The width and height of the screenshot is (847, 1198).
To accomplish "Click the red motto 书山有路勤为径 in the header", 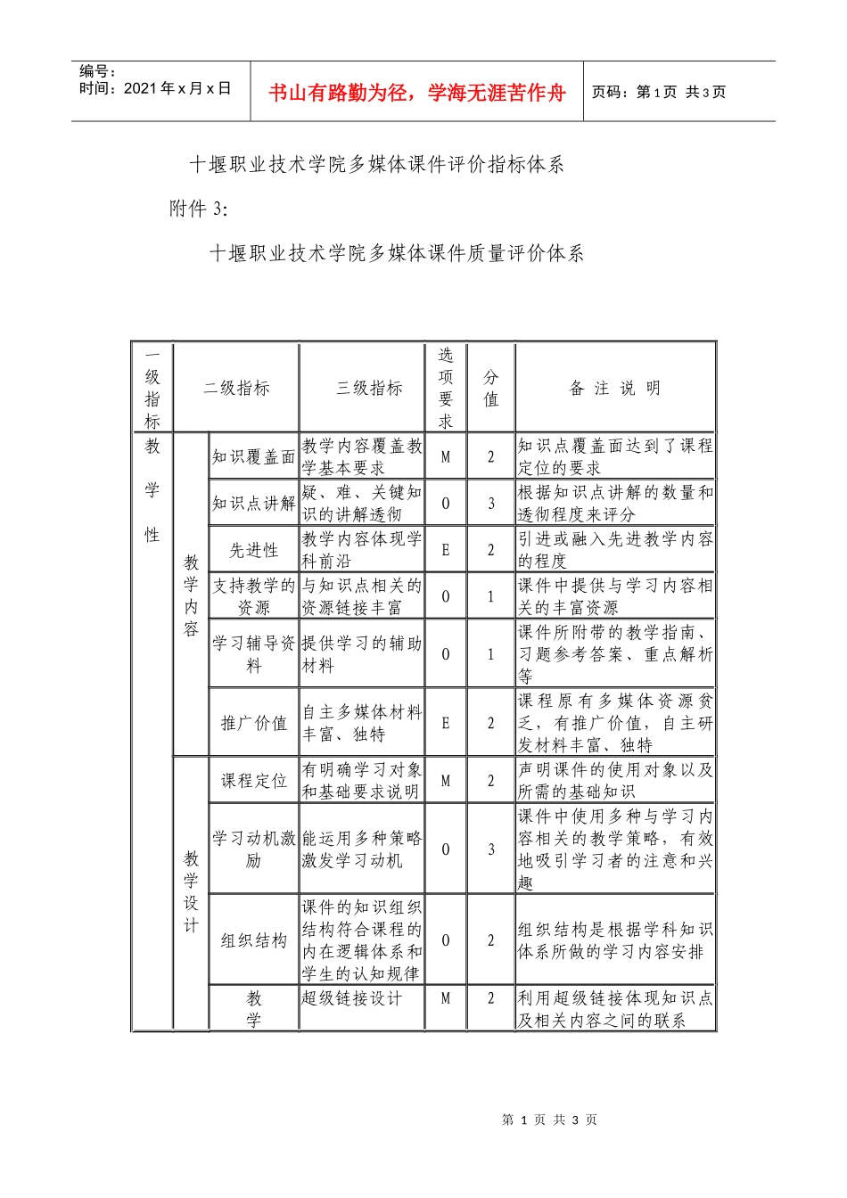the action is (417, 93).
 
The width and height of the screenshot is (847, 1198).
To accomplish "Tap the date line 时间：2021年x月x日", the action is (155, 88).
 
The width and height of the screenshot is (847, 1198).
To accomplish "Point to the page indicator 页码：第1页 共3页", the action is (659, 92).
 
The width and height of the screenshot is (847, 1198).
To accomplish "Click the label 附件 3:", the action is (199, 209).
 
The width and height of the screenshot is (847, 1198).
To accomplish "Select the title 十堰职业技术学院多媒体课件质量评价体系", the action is (397, 253).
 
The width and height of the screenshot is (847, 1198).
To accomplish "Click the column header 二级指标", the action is (236, 388).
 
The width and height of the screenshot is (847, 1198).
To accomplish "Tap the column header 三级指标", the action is (369, 388).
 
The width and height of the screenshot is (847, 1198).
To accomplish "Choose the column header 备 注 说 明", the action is (615, 388).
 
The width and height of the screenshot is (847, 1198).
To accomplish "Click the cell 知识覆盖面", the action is (254, 456).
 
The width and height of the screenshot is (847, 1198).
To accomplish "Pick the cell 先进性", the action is (254, 550).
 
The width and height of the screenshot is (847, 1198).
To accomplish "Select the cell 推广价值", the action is (254, 723).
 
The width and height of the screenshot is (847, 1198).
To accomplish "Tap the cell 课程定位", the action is (254, 781).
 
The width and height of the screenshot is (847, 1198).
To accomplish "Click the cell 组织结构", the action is (254, 940).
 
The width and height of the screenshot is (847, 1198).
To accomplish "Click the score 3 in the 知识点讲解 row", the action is (490, 504).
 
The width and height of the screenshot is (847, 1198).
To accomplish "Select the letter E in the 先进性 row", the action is (446, 550).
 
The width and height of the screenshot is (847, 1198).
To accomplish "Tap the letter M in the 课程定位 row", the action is (446, 781).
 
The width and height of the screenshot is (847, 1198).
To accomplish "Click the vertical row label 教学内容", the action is (191, 595).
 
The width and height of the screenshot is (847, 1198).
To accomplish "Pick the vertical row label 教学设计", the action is (191, 892).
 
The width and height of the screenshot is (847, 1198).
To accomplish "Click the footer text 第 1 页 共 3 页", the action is (549, 1120).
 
